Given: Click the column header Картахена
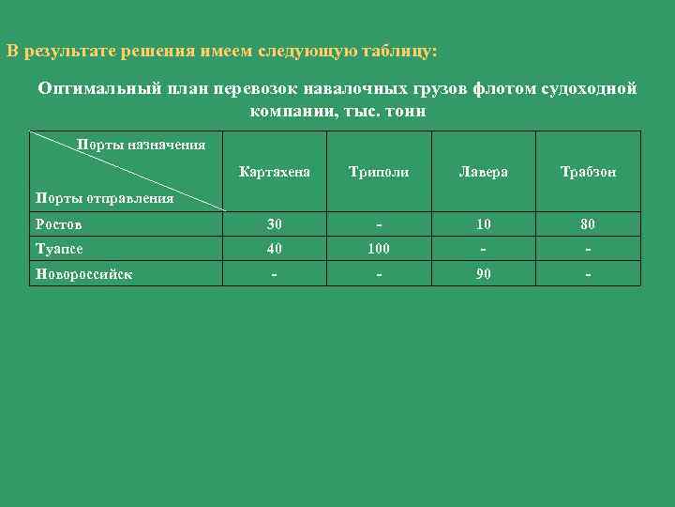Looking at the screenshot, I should point(274,173).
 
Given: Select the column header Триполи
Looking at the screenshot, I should point(378,173).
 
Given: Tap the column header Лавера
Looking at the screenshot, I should point(483,173).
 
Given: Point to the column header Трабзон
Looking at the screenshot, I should point(588,173).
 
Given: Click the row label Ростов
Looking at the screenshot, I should point(58,223).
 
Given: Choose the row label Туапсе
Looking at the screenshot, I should point(60,249).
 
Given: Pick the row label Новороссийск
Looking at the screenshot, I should point(82,274).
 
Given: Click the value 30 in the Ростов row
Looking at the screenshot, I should point(274,223).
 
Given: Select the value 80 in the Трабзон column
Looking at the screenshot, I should point(588,223).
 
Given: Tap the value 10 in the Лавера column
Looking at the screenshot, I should point(483,223).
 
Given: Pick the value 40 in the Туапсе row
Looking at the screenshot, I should point(274,249).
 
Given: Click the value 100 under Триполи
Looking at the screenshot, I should point(378,249).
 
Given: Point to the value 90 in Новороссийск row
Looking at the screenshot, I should point(483,274).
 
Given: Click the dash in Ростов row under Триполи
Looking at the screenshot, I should point(378,223).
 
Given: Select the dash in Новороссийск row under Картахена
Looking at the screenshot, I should point(274,274).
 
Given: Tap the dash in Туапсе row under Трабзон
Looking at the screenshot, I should point(588,249).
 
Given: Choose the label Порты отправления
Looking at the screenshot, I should point(103,198).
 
